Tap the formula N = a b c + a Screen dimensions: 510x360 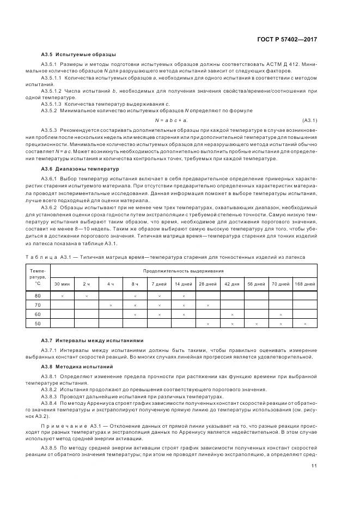pos(172,120)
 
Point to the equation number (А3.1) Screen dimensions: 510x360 pos(309,120)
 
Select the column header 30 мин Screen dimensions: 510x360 pos(61,284)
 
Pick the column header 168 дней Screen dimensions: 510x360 pos(305,284)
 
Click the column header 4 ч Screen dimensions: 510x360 pos(111,284)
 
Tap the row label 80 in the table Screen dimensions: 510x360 pos(38,295)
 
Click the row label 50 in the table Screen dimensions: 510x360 pos(38,324)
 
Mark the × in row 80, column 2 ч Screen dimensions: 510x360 pos(86,296)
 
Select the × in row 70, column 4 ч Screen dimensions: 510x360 pos(111,305)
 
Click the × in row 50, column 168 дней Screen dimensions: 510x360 pos(305,324)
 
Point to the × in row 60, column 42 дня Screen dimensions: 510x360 pos(232,315)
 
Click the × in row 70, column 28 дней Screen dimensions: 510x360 pos(208,305)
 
